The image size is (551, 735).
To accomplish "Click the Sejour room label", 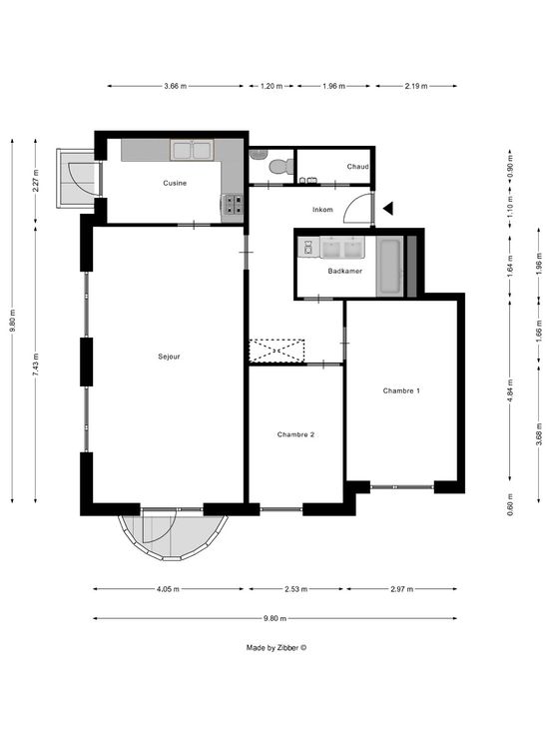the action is click(x=169, y=357).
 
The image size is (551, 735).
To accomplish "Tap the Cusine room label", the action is click(x=175, y=184).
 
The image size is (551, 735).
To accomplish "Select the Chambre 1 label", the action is click(x=401, y=390).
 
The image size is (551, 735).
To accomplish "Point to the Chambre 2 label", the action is click(x=295, y=435).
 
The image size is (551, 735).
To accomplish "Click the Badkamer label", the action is click(x=344, y=271).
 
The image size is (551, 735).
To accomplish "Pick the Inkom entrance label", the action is click(x=322, y=210).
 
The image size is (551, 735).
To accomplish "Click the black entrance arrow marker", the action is click(x=388, y=208).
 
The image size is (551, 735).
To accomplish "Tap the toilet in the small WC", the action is click(x=280, y=167).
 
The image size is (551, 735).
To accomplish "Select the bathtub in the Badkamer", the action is click(x=390, y=268).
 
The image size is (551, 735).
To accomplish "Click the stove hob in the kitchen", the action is click(x=234, y=205).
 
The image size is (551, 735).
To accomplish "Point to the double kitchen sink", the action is click(x=192, y=151).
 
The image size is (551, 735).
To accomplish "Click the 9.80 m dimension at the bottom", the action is click(x=275, y=619).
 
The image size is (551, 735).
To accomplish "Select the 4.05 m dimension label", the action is click(x=168, y=589).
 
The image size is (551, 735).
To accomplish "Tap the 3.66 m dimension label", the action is click(x=176, y=86).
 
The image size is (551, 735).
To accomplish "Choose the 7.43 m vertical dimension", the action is click(x=36, y=365).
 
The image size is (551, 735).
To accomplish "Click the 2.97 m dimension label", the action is click(x=402, y=589).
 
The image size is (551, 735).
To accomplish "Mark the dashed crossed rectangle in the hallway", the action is click(x=276, y=351).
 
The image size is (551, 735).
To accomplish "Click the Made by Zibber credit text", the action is click(x=276, y=648).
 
